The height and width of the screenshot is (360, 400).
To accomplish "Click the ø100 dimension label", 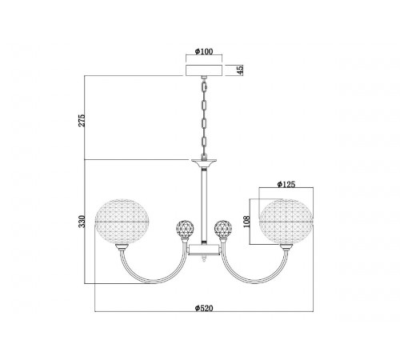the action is (204, 51).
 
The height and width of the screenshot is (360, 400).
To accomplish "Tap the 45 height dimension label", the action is (240, 70).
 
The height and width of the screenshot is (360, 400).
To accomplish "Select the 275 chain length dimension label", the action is (82, 120).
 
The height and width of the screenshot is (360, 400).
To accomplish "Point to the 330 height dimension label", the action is (82, 222).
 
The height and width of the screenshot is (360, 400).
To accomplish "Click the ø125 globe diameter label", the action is (286, 184).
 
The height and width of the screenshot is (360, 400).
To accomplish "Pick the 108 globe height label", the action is (247, 222).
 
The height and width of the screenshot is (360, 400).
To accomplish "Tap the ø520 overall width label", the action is (204, 308).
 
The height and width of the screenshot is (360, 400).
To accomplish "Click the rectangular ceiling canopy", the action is (204, 70).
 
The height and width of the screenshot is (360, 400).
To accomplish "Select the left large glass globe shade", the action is (122, 222).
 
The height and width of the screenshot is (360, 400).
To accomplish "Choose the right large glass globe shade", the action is (286, 222).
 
